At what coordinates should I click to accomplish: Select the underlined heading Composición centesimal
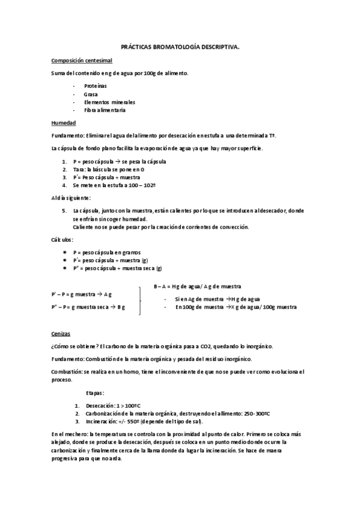tap(81, 61)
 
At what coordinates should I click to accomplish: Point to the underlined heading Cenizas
tap(61, 333)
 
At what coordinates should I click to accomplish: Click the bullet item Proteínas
tap(96, 86)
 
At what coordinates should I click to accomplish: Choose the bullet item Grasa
tap(91, 94)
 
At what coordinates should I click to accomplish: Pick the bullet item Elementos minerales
tap(109, 102)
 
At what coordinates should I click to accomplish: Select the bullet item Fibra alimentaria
tap(105, 111)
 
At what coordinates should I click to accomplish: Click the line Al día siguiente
tap(71, 197)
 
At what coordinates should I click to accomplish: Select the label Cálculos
tap(63, 239)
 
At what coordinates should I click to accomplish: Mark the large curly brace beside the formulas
tap(141, 299)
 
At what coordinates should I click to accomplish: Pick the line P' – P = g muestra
tap(81, 294)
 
